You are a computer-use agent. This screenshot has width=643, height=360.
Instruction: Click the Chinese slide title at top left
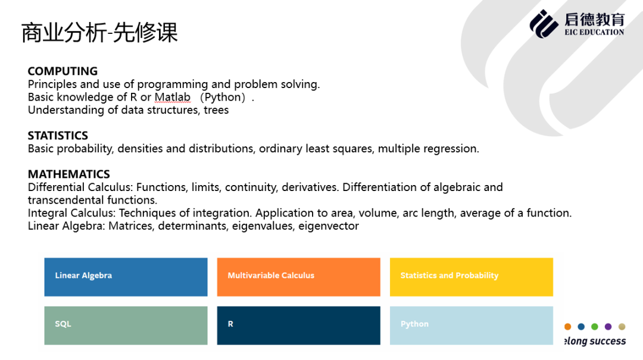coord(99,33)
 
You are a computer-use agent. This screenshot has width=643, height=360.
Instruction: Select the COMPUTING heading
coord(63,71)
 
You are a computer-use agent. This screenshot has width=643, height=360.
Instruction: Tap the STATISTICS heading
coord(58,136)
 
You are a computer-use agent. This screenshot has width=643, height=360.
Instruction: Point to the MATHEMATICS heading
coord(69,174)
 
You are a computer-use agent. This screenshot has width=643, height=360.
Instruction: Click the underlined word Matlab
coord(173,97)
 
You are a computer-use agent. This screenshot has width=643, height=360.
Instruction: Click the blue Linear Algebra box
coord(126,277)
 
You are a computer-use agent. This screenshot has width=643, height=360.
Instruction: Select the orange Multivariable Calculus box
coord(298,277)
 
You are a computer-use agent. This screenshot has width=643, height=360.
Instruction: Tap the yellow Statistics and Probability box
coord(471,277)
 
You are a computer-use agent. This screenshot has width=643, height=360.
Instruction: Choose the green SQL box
coord(126,325)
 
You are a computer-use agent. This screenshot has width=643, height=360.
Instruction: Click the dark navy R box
coord(298,325)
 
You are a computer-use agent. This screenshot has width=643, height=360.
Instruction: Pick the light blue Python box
coord(471,325)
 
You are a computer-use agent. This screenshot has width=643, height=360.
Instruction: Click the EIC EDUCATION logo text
coord(594,32)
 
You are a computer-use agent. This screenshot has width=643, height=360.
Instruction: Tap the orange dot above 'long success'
coord(567,327)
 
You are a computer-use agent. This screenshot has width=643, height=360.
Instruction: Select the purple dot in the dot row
coord(608,327)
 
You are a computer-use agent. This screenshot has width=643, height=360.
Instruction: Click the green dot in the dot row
coord(595,327)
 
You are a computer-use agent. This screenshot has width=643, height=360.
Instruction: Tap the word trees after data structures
coord(216,110)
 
